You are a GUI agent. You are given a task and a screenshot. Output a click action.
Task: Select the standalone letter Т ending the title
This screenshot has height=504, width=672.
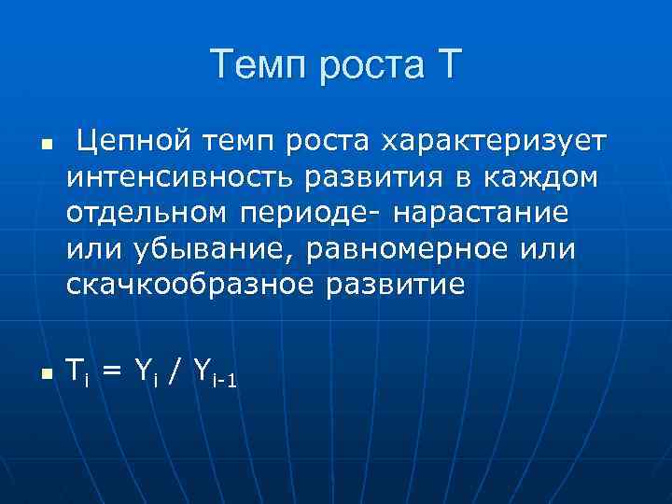(x=444, y=66)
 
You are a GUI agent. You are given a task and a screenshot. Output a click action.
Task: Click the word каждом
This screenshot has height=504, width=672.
(x=533, y=177)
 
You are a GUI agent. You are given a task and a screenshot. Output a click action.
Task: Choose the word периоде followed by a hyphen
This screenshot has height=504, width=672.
(x=304, y=213)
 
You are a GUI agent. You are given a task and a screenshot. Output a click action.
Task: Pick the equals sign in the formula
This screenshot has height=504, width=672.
(x=112, y=371)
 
